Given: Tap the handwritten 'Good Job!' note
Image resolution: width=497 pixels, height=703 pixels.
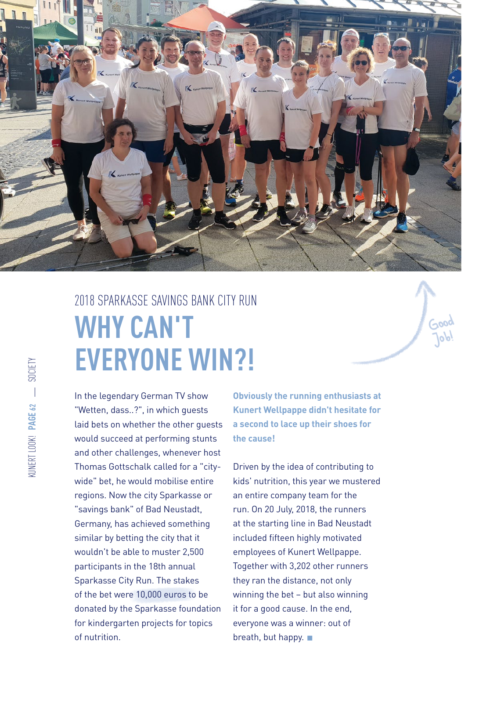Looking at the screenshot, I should coord(442,330).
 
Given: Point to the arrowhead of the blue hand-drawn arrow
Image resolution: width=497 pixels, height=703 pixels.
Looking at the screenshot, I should coord(425,288).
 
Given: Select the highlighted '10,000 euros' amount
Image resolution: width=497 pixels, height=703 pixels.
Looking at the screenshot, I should coord(161,594).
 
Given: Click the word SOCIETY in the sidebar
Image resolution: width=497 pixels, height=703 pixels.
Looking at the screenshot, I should coord(32,370).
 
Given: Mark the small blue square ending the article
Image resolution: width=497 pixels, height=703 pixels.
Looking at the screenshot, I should coord(310,638).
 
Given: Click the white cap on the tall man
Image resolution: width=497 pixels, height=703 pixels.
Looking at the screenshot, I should coord(216,28).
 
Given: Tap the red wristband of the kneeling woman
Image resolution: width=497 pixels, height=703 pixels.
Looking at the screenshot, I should coord(147,200).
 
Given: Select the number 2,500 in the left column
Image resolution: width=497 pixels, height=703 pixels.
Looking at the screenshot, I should coord(190,552).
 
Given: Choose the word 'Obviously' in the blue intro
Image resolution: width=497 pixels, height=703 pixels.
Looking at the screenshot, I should coord(252,396).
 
